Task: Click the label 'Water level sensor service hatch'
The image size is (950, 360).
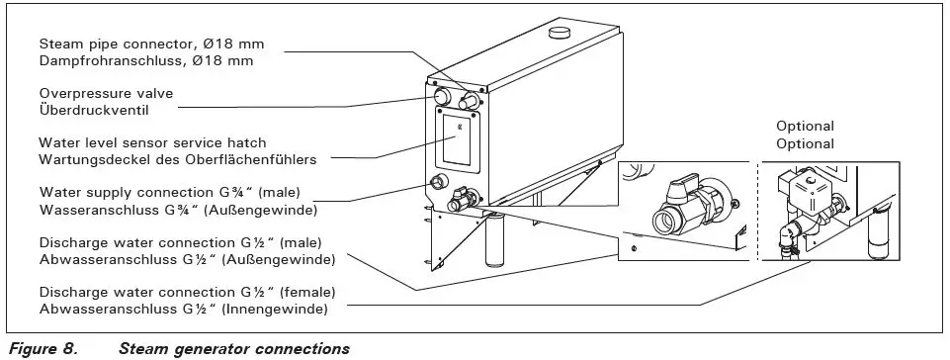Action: (x=152, y=143)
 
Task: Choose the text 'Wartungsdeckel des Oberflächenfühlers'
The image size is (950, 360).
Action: (x=176, y=159)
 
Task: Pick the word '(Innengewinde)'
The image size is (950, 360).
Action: (x=283, y=309)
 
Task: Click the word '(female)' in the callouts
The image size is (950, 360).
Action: (x=307, y=293)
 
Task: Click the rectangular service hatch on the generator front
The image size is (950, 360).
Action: (x=456, y=138)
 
